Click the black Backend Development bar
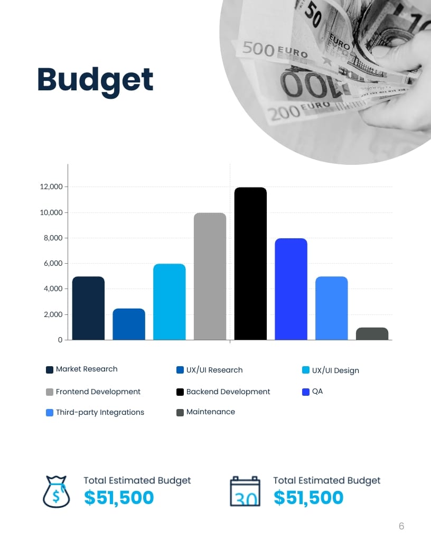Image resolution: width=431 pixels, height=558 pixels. (x=250, y=264)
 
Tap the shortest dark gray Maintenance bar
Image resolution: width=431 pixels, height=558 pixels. (x=372, y=334)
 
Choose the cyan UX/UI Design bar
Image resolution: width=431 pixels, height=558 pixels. (x=170, y=302)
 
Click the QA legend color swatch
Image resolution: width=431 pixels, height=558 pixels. (x=305, y=392)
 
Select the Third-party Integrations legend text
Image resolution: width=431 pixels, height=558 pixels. (x=100, y=412)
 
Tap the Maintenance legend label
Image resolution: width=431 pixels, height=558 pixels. (x=210, y=412)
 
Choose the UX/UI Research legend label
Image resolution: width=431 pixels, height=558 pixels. (x=214, y=370)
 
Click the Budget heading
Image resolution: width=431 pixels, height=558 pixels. (x=95, y=80)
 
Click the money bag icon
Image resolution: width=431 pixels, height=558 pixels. (x=57, y=491)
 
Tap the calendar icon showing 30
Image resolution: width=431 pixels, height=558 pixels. (x=245, y=491)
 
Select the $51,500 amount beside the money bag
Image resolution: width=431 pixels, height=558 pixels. (x=119, y=498)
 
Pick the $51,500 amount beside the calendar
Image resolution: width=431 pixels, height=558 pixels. (x=308, y=498)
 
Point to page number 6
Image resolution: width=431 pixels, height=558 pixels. (x=401, y=526)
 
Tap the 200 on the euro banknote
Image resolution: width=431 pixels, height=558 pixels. (x=282, y=113)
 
